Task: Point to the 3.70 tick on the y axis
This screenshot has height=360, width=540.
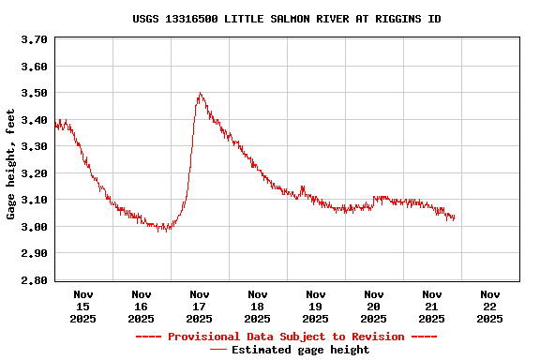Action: click(x=34, y=40)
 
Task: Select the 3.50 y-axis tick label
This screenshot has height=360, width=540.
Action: click(x=34, y=94)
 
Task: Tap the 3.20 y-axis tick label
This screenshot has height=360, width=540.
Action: click(x=34, y=173)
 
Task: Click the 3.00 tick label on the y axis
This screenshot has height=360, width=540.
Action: click(x=34, y=227)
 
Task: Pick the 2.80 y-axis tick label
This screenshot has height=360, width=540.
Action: click(x=34, y=280)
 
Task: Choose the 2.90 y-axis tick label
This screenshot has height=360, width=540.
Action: click(x=34, y=254)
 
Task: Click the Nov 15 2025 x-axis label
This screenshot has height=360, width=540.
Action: click(x=83, y=307)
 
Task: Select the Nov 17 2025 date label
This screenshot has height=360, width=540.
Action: click(x=200, y=307)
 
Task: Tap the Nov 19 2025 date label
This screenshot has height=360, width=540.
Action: click(x=316, y=307)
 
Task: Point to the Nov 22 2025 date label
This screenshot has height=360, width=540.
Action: click(x=489, y=307)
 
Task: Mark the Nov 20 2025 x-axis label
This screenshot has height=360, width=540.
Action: click(x=374, y=307)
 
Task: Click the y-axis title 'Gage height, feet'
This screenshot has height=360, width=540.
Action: click(x=11, y=164)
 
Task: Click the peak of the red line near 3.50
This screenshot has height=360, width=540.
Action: click(x=200, y=94)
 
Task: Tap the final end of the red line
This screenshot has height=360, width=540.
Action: click(x=455, y=217)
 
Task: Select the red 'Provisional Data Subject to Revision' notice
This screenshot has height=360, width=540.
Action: click(x=286, y=337)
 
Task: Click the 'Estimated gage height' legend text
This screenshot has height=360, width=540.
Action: click(x=300, y=350)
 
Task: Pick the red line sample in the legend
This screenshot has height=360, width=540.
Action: click(x=217, y=350)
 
